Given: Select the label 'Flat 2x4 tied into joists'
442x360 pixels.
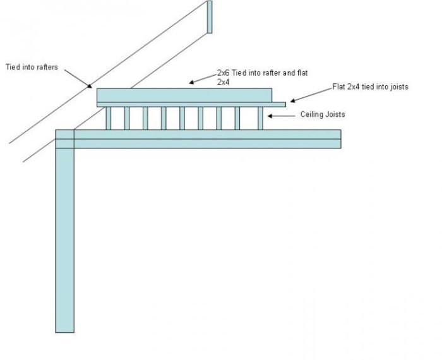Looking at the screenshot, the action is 370,87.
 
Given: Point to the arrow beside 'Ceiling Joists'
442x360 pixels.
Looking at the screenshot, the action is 280,116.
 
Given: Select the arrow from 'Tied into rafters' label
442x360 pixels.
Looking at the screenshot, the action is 79,79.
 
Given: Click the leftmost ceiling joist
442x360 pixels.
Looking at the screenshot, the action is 109,118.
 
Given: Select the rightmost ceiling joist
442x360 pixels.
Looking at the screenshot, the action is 260,118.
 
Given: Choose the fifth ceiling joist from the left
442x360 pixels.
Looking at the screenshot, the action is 182,118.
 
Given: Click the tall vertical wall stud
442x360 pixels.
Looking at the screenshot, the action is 64,240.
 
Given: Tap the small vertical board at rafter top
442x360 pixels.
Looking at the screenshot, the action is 210,16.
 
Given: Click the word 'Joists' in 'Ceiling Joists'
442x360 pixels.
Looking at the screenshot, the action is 335,115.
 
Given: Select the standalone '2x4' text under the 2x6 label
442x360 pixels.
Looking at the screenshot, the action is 224,82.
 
